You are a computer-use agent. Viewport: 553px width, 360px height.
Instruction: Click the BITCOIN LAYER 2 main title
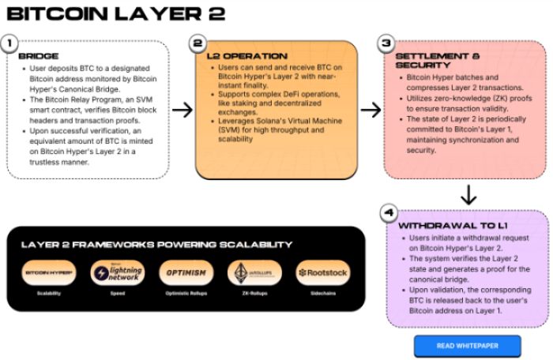[x=115, y=13]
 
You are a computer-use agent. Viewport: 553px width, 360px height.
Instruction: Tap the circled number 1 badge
[x=9, y=43]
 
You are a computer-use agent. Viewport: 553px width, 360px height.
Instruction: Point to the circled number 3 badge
[x=386, y=43]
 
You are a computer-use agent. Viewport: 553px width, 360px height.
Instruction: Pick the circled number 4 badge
[x=387, y=212]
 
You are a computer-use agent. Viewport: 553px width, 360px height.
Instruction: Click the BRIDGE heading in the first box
[x=37, y=57]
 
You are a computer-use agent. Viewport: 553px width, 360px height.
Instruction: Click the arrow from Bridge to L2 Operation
[x=182, y=109]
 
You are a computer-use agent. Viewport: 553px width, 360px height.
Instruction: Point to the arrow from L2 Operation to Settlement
[x=371, y=109]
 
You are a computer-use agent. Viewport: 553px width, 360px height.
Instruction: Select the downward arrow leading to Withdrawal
[x=468, y=194]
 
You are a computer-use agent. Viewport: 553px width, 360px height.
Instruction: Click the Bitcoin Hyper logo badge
[x=49, y=272]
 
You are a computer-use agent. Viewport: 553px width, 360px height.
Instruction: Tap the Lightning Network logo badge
[x=117, y=272]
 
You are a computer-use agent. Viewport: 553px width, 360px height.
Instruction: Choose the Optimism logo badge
[x=186, y=272]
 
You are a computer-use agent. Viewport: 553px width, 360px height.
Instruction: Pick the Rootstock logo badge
[x=322, y=272]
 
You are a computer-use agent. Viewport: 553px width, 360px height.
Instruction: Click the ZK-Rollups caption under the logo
[x=254, y=293]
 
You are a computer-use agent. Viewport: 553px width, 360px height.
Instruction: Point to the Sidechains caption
[x=322, y=293]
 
